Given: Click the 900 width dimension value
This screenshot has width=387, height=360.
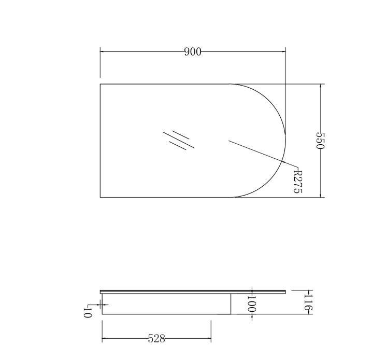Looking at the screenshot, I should pyautogui.click(x=192, y=51).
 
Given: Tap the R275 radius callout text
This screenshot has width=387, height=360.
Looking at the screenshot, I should pyautogui.click(x=297, y=180).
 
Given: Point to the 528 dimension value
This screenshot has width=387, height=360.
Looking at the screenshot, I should pyautogui.click(x=156, y=339).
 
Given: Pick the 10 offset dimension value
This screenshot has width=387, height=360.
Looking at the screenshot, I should pyautogui.click(x=87, y=312).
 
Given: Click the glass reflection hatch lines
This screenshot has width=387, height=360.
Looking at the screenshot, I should pyautogui.click(x=178, y=139).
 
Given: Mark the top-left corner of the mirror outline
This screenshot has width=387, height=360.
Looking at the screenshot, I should pyautogui.click(x=100, y=84).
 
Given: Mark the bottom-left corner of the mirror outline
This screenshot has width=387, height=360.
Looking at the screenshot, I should pyautogui.click(x=100, y=197).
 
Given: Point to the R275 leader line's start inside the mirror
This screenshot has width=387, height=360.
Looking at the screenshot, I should pyautogui.click(x=229, y=141).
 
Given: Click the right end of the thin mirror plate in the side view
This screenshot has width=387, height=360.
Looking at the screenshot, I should pyautogui.click(x=285, y=292).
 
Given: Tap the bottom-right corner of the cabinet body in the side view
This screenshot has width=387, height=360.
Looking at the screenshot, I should pyautogui.click(x=231, y=314).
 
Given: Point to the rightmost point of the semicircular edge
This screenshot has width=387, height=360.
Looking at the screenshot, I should pyautogui.click(x=285, y=141).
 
